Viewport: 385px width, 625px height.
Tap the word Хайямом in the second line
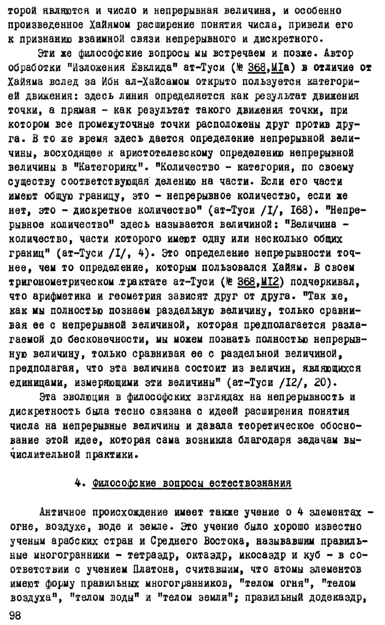click(x=110, y=27)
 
